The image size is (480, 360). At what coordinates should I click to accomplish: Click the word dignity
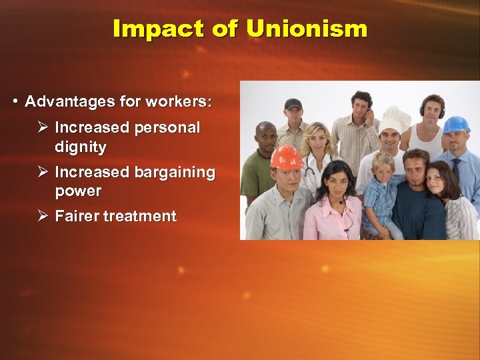[80, 146]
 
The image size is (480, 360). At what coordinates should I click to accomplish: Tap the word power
[78, 191]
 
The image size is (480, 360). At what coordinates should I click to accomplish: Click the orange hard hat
[287, 157]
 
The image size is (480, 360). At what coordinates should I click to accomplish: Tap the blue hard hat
[456, 125]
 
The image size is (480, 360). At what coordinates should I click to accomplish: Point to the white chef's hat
[395, 118]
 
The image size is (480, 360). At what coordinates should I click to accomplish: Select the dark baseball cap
[293, 104]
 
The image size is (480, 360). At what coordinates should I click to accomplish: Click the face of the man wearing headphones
[433, 110]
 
